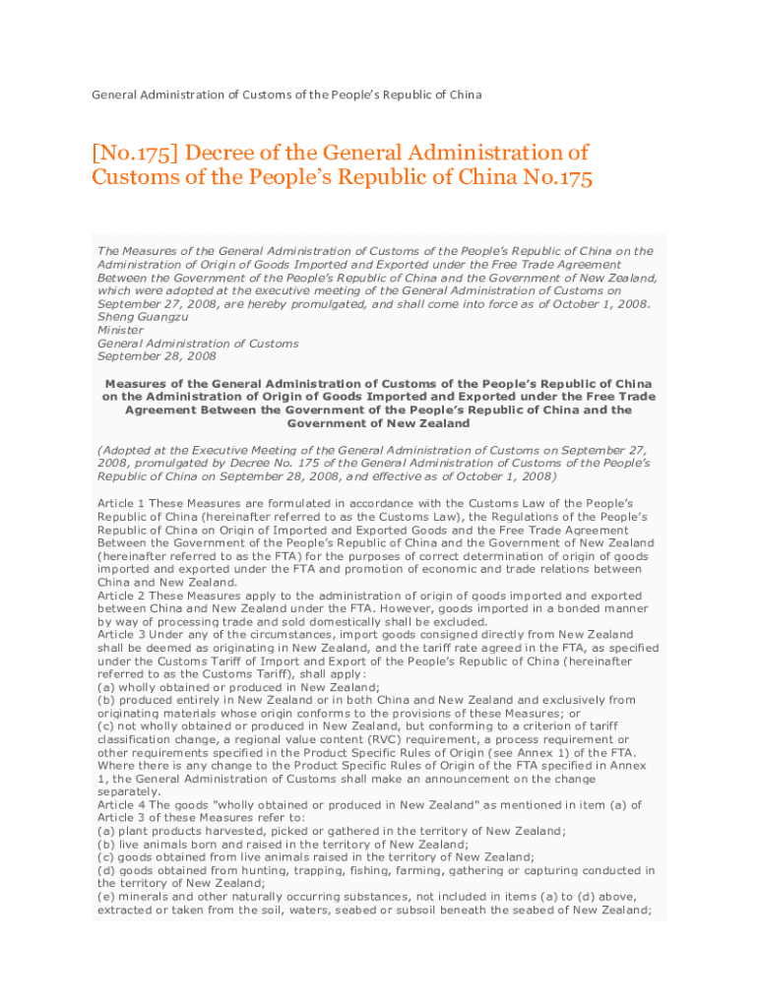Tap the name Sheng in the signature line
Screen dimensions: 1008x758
coord(117,317)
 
